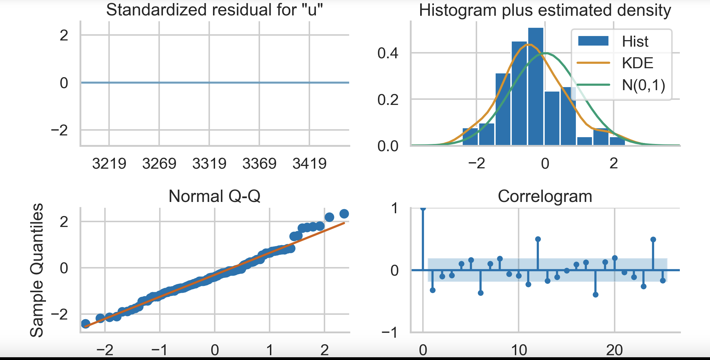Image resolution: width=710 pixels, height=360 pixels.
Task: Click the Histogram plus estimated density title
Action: (545, 10)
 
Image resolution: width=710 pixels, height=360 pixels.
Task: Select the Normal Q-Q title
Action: (214, 196)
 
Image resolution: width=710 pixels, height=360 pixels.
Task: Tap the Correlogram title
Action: (545, 196)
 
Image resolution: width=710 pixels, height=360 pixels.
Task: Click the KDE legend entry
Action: (637, 63)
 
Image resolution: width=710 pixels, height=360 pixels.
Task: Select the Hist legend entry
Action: (635, 41)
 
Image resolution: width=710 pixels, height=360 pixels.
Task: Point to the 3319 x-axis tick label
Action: (209, 164)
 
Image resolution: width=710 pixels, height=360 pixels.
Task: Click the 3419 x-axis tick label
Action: (309, 164)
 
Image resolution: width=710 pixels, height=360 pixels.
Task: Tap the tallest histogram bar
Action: (535, 86)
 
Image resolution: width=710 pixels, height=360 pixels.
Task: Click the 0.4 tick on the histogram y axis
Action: (388, 53)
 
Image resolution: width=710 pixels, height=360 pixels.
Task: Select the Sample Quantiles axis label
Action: (37, 270)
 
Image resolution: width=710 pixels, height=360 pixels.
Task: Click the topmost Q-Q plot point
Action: (344, 214)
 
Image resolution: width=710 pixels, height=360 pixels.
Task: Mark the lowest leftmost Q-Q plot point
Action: (85, 324)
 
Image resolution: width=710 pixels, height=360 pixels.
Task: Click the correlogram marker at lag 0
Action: (423, 208)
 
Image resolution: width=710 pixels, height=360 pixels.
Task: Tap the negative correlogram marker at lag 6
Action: (481, 293)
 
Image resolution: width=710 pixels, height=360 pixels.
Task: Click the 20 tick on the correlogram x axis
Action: (614, 350)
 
